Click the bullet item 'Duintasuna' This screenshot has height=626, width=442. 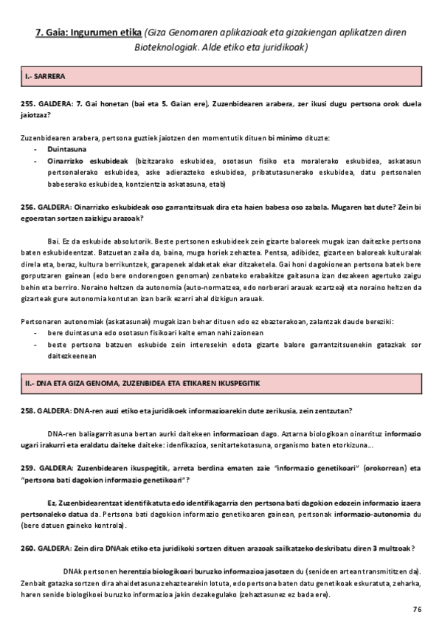pyautogui.click(x=63, y=148)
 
